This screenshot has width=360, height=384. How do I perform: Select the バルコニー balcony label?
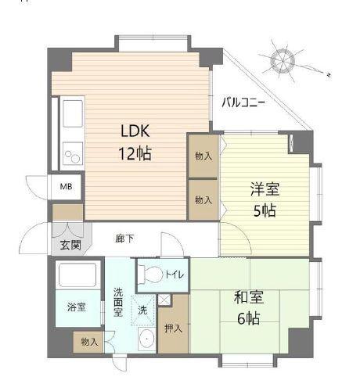pyautogui.click(x=243, y=102)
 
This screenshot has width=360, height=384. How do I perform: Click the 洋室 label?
pyautogui.click(x=265, y=188)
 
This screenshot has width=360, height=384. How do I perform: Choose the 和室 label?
pyautogui.click(x=247, y=297)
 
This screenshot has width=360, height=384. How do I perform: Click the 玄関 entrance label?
pyautogui.click(x=69, y=245)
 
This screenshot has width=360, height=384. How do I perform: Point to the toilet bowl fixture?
pyautogui.click(x=154, y=275)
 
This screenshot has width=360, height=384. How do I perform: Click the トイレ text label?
pyautogui.click(x=174, y=275)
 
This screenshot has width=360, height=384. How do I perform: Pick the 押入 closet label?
pyautogui.click(x=173, y=328)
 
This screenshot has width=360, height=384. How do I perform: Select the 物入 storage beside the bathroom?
pyautogui.click(x=88, y=341)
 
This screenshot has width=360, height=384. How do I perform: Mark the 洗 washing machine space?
pyautogui.click(x=142, y=309)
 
